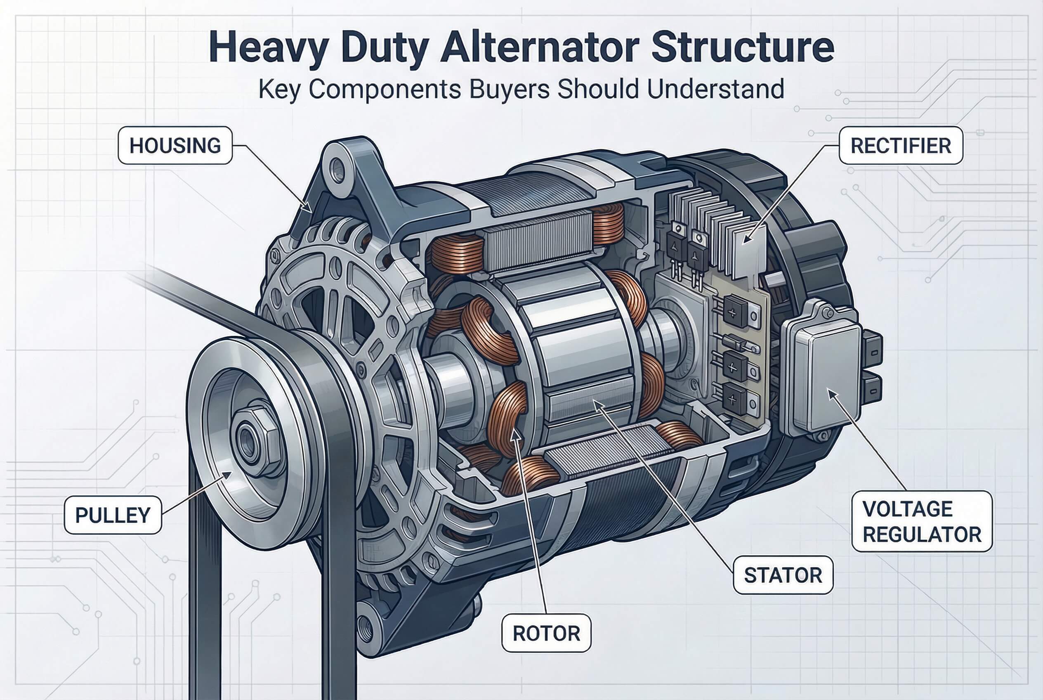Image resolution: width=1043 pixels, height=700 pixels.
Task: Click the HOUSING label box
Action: [175, 146]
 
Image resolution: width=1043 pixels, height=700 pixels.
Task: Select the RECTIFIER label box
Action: [901, 146]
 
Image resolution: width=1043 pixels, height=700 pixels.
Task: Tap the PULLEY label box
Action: [113, 515]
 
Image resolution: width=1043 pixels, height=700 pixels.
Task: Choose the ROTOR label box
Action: [546, 634]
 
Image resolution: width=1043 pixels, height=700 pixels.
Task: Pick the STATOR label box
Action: [783, 575]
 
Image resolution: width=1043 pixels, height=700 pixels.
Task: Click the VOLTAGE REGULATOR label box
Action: [922, 521]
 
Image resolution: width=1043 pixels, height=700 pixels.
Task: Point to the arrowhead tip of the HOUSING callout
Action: [311, 212]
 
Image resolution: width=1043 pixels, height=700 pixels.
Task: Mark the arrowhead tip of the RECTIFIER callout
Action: [743, 243]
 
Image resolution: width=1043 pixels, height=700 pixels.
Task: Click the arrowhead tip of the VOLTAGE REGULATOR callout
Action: [828, 389]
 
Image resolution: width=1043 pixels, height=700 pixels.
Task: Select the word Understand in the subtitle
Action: [715, 89]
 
